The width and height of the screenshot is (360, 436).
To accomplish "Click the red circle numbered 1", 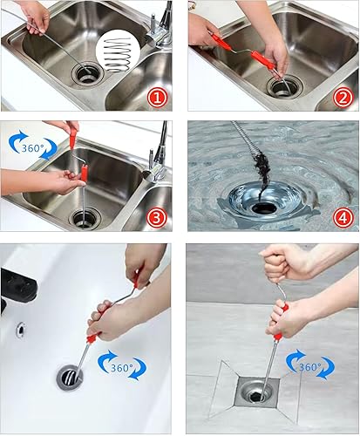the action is pyautogui.click(x=157, y=98).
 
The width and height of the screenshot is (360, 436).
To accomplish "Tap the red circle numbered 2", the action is pyautogui.click(x=343, y=98).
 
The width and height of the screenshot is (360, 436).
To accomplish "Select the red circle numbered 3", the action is pyautogui.click(x=157, y=218).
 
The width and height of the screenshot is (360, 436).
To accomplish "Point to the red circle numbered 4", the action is pyautogui.click(x=343, y=218).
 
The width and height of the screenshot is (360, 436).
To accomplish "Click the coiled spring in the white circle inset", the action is pyautogui.click(x=118, y=55).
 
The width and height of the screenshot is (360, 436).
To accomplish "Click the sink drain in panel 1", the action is pyautogui.click(x=88, y=74).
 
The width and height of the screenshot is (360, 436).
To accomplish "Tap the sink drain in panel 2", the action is pyautogui.click(x=285, y=86).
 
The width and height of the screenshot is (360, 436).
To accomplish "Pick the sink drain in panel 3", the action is pyautogui.click(x=85, y=219).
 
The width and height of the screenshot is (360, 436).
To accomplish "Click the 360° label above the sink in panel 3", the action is pyautogui.click(x=32, y=148).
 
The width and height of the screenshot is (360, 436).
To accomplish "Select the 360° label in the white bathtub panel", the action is pyautogui.click(x=122, y=368).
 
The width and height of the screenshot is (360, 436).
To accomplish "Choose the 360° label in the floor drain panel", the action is pyautogui.click(x=310, y=367).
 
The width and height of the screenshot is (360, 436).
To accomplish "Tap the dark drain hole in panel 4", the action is pyautogui.click(x=264, y=208).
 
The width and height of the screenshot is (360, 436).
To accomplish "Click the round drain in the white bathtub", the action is pyautogui.click(x=70, y=377).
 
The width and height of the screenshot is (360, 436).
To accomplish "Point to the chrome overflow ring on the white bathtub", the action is pyautogui.click(x=21, y=330).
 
